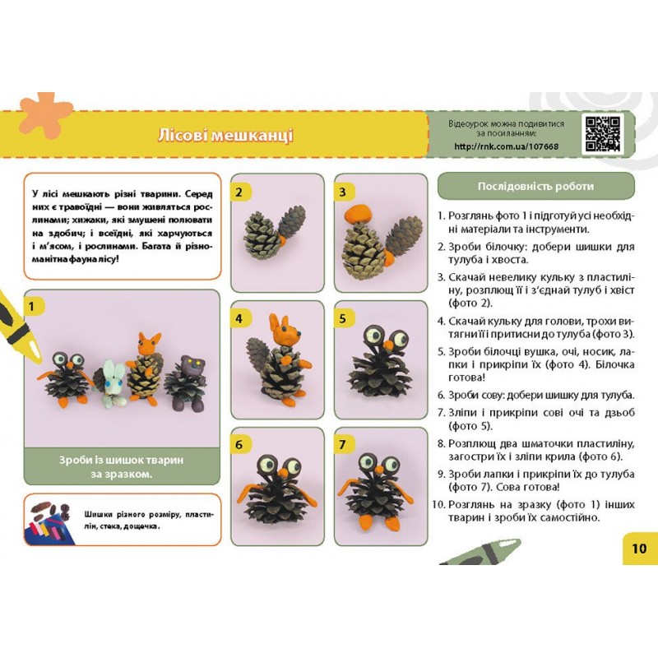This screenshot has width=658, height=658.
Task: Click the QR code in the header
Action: (x=603, y=134)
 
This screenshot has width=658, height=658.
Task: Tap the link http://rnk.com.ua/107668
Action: (x=506, y=146)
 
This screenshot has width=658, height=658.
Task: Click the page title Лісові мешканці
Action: (x=225, y=135)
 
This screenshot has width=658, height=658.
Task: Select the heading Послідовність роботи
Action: (x=536, y=186)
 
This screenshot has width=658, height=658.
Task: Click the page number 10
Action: (x=639, y=549)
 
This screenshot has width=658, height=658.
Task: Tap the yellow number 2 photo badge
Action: (x=239, y=192)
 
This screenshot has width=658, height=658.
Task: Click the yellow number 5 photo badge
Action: (x=342, y=318)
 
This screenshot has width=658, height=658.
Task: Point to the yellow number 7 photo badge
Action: (x=342, y=444)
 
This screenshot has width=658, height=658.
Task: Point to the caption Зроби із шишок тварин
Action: (x=121, y=460)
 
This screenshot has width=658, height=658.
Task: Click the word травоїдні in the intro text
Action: (x=86, y=208)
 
